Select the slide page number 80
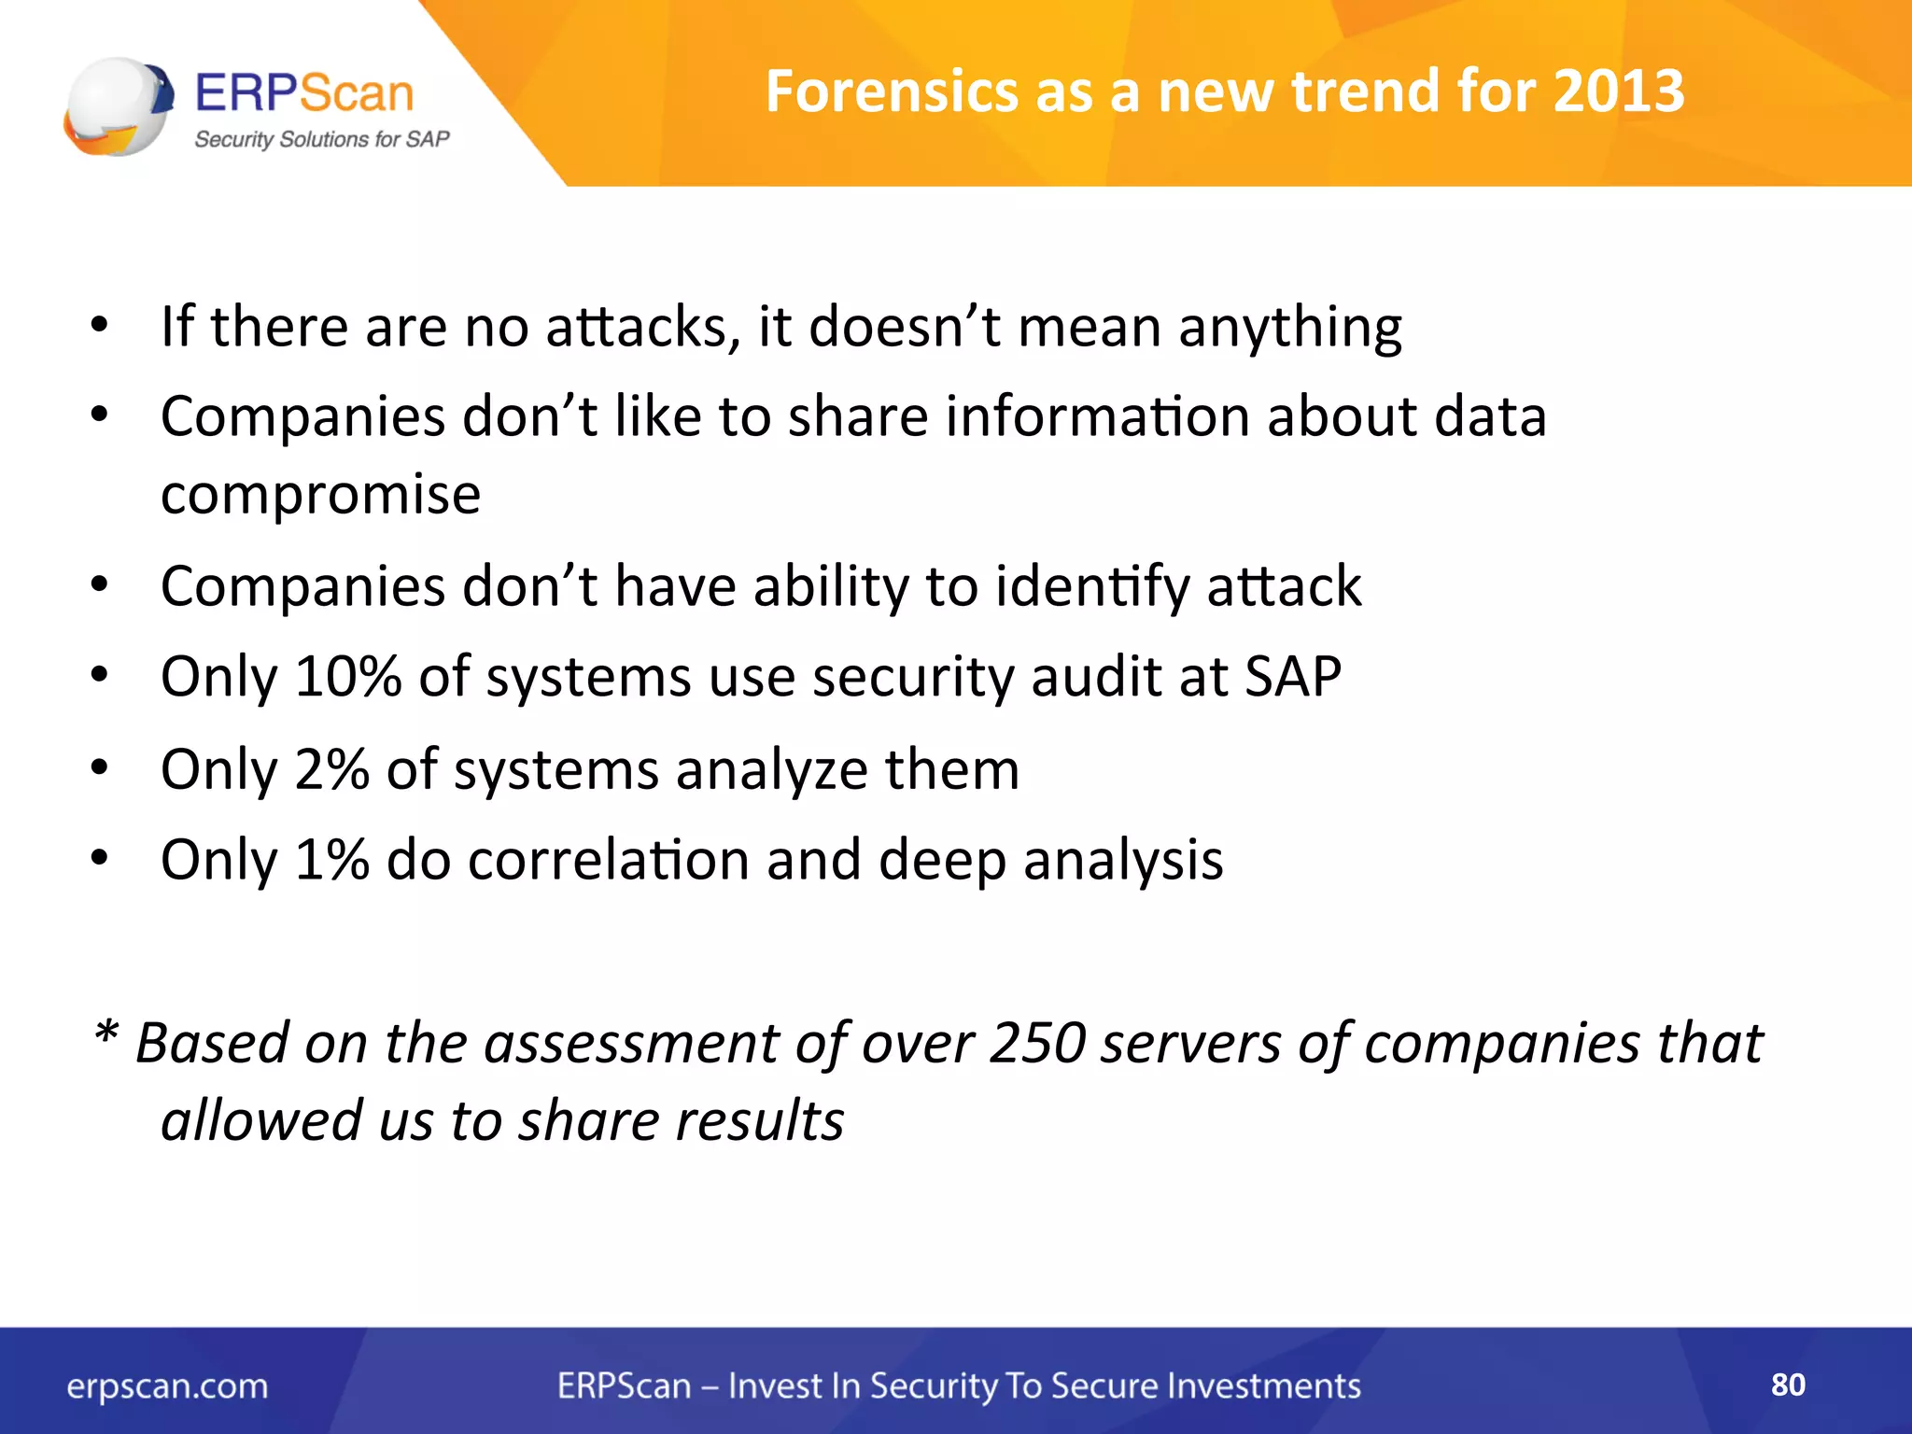point(1788,1385)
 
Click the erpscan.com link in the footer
point(167,1386)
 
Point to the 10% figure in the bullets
point(347,676)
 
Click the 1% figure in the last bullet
point(331,859)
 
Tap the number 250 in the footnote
point(1037,1042)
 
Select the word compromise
point(320,495)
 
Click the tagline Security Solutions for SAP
point(322,140)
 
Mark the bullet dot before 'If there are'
point(100,326)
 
